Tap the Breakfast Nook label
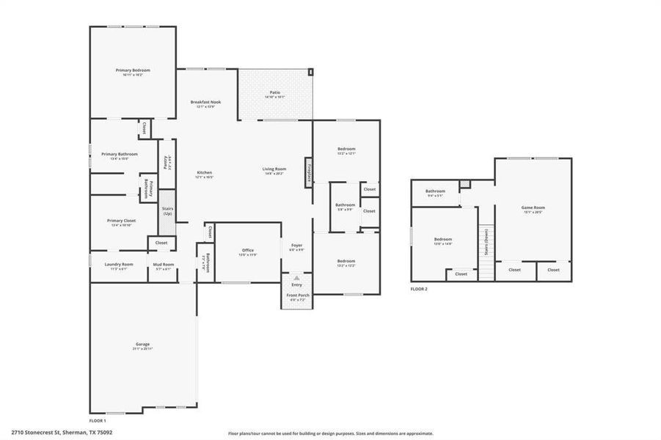click(x=205, y=102)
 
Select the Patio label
click(x=275, y=92)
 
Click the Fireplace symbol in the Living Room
click(x=309, y=170)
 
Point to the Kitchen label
click(x=204, y=172)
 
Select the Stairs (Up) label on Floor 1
click(x=167, y=210)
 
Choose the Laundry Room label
click(x=118, y=264)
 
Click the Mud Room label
click(x=163, y=264)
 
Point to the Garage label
click(x=142, y=343)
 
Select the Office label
click(x=248, y=250)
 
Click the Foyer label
click(x=297, y=246)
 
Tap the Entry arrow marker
click(x=296, y=279)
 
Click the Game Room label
click(x=533, y=208)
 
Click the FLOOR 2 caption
click(x=418, y=289)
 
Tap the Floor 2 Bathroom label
click(x=435, y=191)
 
